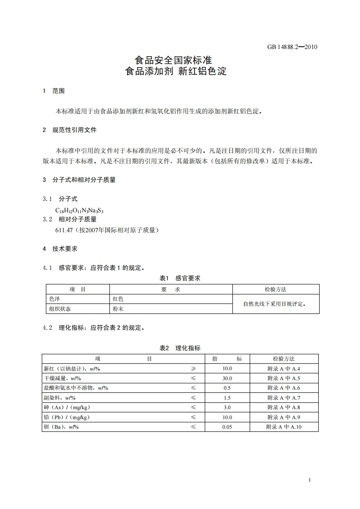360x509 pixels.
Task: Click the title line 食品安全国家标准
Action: [x=174, y=60]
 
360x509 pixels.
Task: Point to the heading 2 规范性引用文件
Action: [x=69, y=130]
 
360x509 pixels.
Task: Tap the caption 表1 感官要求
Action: [x=180, y=279]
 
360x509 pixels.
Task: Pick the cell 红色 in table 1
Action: [x=118, y=299]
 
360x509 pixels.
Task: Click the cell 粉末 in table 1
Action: [x=118, y=309]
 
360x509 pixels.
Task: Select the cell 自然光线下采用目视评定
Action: [x=275, y=304]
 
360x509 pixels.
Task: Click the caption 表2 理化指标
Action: [x=180, y=348]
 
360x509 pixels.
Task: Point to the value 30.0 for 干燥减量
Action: [x=227, y=378]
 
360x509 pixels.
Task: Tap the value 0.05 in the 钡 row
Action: [x=227, y=427]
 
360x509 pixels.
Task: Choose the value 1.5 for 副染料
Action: [x=227, y=398]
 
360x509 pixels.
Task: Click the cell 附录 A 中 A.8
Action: [x=284, y=407]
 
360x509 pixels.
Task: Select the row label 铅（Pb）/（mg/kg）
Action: [x=67, y=417]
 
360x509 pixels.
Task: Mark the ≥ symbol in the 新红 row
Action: [x=193, y=369]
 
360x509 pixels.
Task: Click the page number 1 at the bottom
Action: [x=309, y=480]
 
